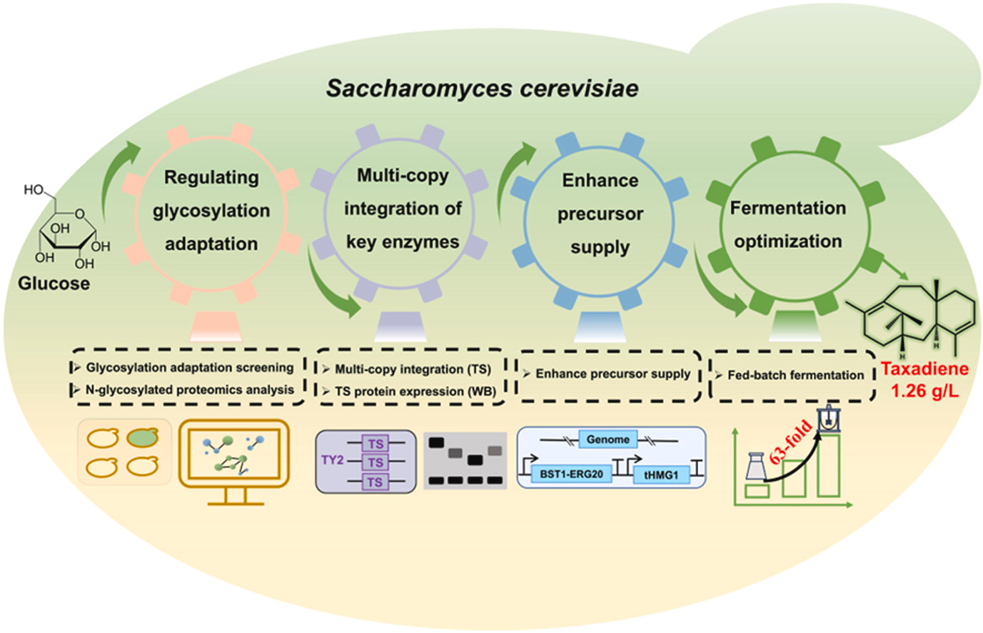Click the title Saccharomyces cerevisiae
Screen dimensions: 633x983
482,88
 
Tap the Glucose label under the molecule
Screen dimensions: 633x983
54,284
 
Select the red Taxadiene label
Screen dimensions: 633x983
924,369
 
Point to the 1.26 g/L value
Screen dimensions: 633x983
924,391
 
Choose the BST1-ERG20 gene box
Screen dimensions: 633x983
571,474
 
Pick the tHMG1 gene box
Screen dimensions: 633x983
661,474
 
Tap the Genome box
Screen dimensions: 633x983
608,439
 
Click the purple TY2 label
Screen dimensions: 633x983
333,459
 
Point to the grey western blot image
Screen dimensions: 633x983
465,461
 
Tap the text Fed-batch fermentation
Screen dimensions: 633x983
795,375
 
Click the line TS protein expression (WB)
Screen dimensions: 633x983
415,392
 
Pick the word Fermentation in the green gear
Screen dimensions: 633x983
787,208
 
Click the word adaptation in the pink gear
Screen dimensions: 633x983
211,244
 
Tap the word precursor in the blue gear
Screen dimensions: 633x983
600,214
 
